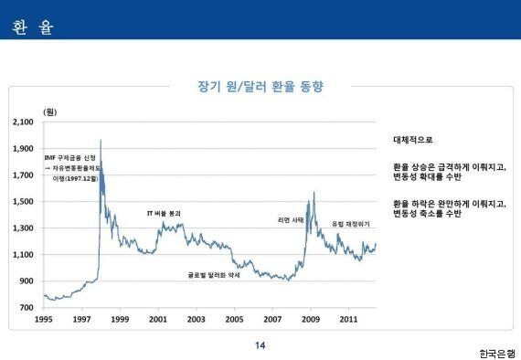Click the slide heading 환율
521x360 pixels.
33,27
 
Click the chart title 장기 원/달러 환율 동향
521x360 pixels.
260,88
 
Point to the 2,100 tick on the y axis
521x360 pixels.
23,122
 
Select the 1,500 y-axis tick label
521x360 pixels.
23,201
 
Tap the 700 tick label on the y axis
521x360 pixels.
27,307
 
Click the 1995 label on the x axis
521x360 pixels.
43,320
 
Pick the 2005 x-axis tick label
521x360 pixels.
234,320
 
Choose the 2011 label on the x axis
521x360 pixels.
348,320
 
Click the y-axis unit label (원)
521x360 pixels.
51,111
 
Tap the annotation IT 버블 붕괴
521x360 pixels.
165,213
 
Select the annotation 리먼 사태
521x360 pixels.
290,220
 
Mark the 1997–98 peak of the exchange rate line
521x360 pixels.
100,141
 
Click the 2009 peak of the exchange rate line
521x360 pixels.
314,193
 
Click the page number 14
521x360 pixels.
260,344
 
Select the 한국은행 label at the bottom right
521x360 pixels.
496,352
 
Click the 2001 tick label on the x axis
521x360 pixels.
157,320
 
